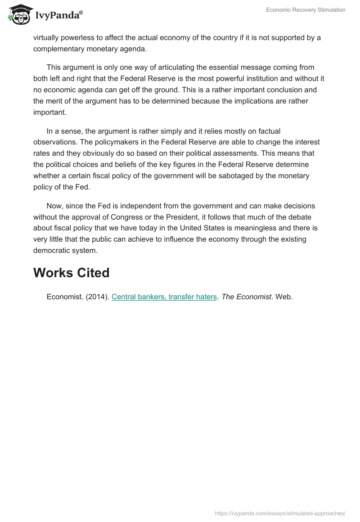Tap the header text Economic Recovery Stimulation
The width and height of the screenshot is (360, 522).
coord(306,10)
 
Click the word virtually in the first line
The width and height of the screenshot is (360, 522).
coord(47,37)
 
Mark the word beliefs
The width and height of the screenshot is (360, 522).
coord(118,165)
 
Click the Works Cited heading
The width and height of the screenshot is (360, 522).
coord(71,273)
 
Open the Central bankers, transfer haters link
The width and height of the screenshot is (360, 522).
coord(164,297)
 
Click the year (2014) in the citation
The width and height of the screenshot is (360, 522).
coord(96,297)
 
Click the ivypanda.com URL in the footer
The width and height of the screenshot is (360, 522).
coord(280,513)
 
